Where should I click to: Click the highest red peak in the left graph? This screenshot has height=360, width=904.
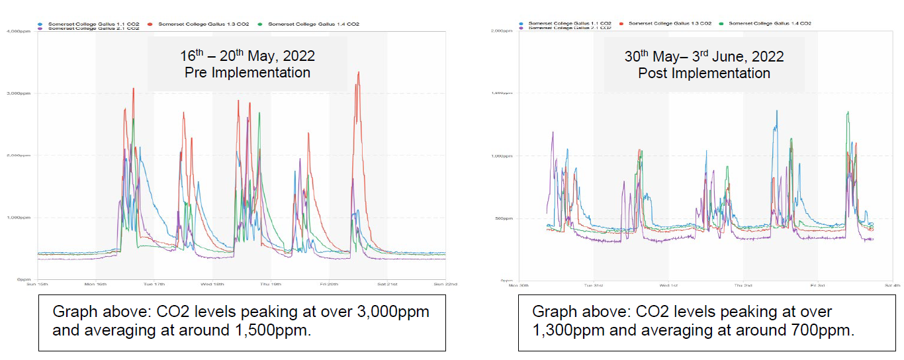pos(358,73)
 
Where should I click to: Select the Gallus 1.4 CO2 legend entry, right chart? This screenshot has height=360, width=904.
pos(770,24)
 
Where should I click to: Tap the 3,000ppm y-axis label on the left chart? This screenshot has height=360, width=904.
pos(20,93)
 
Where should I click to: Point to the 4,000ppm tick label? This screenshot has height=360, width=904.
pos(20,31)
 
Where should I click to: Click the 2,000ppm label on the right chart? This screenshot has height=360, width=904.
pos(502,31)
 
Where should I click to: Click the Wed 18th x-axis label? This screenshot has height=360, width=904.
pos(212,285)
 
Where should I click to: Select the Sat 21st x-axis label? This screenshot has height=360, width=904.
pos(387,285)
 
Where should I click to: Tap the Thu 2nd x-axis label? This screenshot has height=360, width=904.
pos(743,285)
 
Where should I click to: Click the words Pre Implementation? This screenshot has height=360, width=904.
pos(248,73)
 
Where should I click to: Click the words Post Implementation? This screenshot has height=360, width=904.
pos(704,73)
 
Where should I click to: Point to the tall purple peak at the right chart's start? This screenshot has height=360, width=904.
pos(552,132)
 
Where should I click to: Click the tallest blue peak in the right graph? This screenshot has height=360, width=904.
pos(776,111)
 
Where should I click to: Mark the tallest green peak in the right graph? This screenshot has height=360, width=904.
pos(847,112)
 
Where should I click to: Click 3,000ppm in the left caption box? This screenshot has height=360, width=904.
pos(389,312)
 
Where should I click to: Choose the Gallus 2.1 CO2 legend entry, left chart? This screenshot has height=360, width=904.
pos(93,29)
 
